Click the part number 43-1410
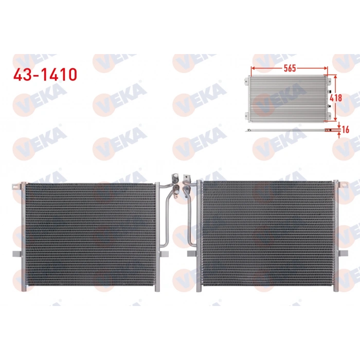click(45, 74)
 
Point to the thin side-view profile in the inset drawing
click(288, 131)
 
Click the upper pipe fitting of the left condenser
click(175, 178)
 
